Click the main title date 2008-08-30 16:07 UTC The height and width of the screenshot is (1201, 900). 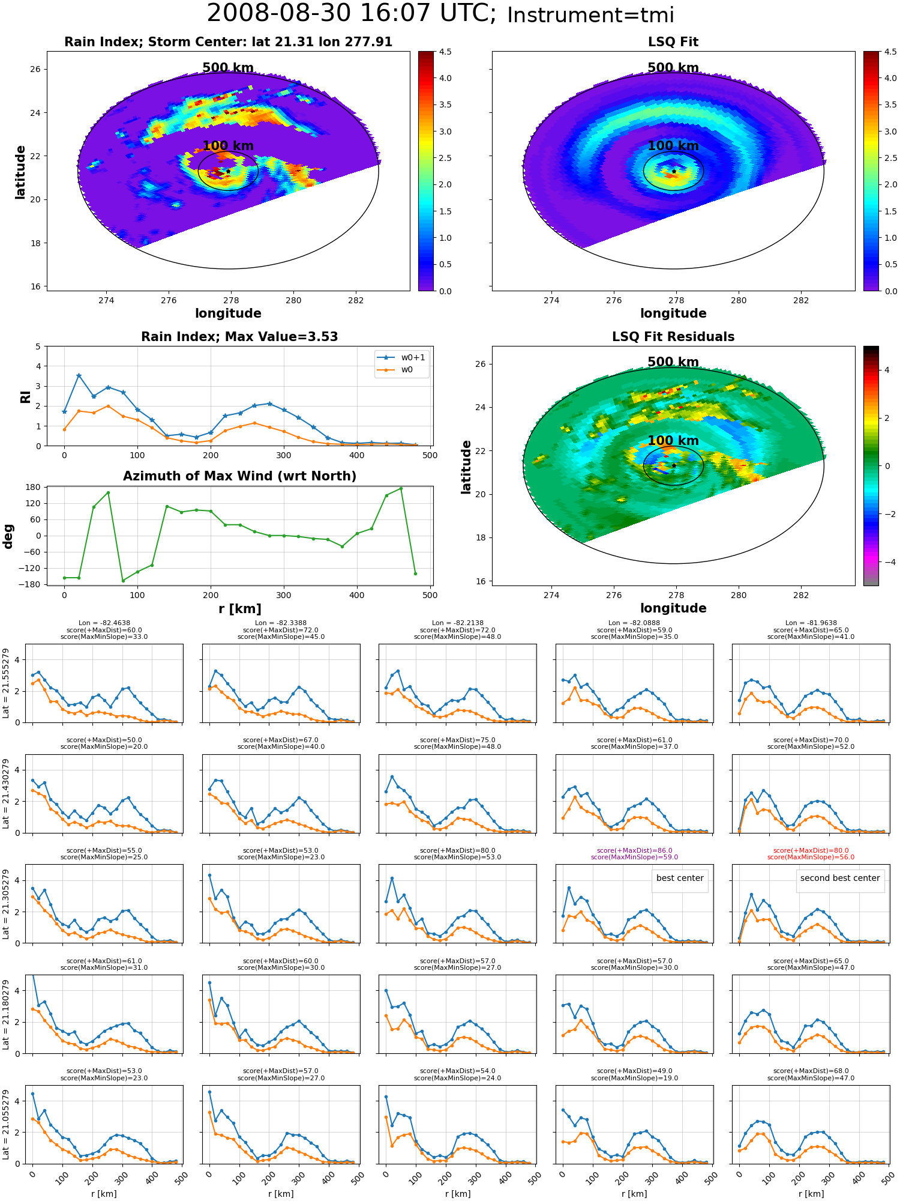click(x=352, y=14)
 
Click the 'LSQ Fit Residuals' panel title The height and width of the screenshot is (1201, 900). click(x=673, y=337)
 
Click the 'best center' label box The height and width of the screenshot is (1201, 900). click(x=680, y=879)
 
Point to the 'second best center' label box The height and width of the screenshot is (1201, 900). click(x=840, y=879)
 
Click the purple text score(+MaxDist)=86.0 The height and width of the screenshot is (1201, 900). click(x=634, y=850)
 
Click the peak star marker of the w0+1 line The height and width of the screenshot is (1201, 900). click(x=79, y=375)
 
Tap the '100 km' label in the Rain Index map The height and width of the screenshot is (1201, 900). click(x=228, y=146)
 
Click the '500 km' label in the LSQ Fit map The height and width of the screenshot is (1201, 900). click(x=673, y=68)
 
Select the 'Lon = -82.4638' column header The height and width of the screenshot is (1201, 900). click(x=104, y=623)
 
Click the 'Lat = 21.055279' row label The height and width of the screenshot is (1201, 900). click(x=6, y=1124)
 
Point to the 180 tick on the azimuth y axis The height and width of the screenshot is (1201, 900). click(x=34, y=487)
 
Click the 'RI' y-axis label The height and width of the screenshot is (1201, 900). click(x=25, y=396)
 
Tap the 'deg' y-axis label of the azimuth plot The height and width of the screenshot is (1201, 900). click(x=8, y=536)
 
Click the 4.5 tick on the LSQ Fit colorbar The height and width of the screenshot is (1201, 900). click(x=890, y=52)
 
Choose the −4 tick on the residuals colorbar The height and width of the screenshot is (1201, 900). click(x=887, y=562)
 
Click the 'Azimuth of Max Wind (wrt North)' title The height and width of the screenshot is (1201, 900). click(x=239, y=476)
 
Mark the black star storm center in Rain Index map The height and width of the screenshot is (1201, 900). click(x=228, y=171)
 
